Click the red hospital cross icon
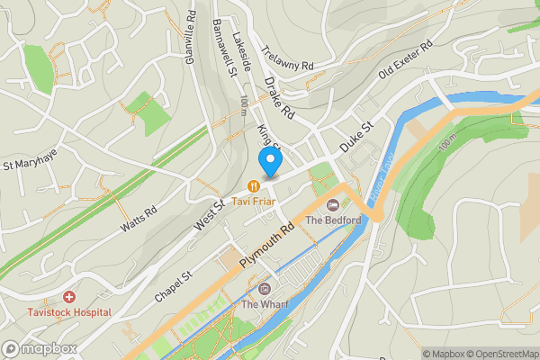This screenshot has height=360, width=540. coord(69,296)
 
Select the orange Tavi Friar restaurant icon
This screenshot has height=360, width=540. coord(255,186)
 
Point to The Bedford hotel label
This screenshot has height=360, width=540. coord(333,220)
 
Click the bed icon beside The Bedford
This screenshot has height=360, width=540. coord(332,206)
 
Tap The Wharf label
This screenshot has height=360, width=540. coord(264,304)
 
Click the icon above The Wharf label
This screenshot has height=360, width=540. coord(264,289)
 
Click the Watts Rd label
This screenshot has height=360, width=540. coord(139,221)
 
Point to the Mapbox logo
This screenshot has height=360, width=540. coord(40,348)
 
